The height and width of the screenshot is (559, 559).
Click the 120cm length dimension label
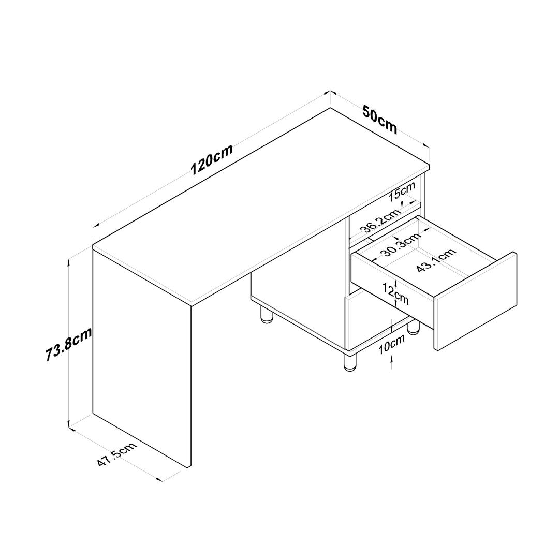(212, 159)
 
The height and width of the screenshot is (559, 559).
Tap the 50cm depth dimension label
(380, 119)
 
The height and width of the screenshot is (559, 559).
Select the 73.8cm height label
(68, 344)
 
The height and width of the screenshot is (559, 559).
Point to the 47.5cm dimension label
(117, 454)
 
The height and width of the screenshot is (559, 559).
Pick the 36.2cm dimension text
(380, 221)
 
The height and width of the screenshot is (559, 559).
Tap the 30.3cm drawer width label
(401, 244)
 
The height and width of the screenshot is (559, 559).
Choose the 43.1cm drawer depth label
(436, 260)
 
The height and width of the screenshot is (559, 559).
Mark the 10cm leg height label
(391, 344)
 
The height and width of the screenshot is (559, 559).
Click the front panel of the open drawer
(475, 301)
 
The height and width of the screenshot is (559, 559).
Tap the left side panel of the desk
(141, 357)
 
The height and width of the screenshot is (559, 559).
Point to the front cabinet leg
(350, 362)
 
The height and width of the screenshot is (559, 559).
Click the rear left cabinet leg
(266, 315)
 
